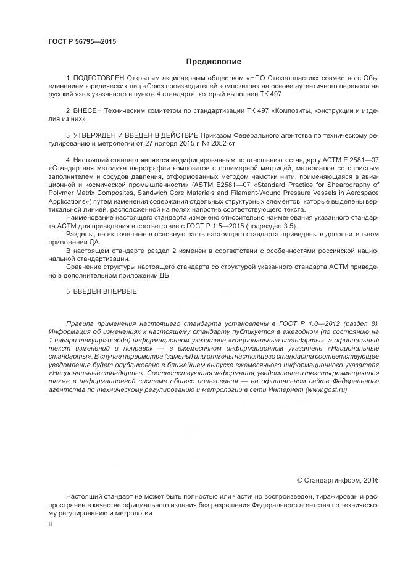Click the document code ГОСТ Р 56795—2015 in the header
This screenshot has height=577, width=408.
tap(82, 42)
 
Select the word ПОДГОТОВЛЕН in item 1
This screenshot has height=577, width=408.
tap(99, 78)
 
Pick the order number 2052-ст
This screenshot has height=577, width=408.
tap(223, 143)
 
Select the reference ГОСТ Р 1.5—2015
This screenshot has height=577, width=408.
tap(214, 226)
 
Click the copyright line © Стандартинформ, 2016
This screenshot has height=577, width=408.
tap(338, 479)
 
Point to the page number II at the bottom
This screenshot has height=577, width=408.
tap(50, 523)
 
